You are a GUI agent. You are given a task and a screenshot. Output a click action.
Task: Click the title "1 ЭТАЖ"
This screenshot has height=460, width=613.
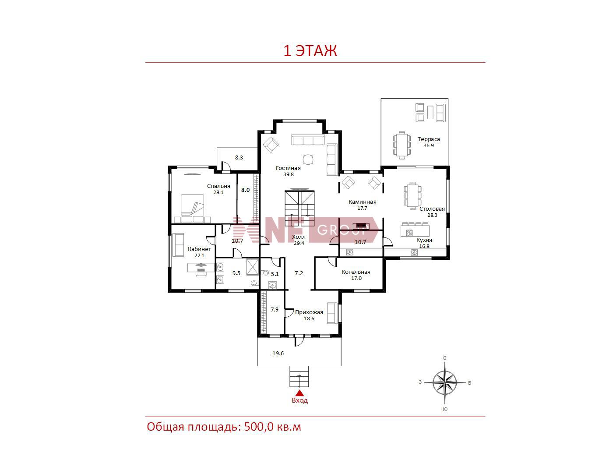[310, 51]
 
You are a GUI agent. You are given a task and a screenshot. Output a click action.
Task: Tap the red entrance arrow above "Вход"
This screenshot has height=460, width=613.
[299, 393]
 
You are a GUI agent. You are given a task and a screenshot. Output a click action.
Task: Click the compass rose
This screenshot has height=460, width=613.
[445, 382]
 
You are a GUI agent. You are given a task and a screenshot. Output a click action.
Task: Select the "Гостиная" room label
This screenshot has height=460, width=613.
[288, 168]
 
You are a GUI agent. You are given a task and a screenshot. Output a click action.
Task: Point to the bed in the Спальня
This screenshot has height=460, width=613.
[192, 209]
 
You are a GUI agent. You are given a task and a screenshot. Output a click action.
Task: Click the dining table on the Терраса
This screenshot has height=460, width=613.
[402, 145]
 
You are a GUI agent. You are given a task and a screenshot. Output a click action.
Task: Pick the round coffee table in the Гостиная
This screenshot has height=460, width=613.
[308, 160]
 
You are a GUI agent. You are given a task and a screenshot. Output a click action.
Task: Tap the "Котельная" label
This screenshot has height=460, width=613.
[356, 272]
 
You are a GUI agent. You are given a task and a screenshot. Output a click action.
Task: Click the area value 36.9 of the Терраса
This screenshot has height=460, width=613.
[428, 145]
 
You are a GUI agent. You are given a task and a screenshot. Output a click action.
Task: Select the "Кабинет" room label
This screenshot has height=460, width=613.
[199, 249]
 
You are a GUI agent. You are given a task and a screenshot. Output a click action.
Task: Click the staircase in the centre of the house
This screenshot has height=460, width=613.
[299, 209]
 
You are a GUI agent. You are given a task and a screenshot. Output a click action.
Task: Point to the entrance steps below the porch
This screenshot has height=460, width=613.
[299, 376]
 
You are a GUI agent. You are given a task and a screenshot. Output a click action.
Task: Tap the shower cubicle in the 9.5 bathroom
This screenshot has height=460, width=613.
[253, 267]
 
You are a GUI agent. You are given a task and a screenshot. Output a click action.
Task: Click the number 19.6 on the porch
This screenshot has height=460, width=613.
[278, 354]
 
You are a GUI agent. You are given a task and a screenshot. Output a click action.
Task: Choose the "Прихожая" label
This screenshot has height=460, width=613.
[309, 312]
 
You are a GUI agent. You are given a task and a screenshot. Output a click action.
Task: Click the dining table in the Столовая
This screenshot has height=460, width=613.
[412, 195]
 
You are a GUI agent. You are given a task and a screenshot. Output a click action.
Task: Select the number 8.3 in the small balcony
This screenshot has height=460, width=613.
[239, 158]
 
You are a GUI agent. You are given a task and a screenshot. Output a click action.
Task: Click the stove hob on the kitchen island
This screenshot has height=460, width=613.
[409, 233]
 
